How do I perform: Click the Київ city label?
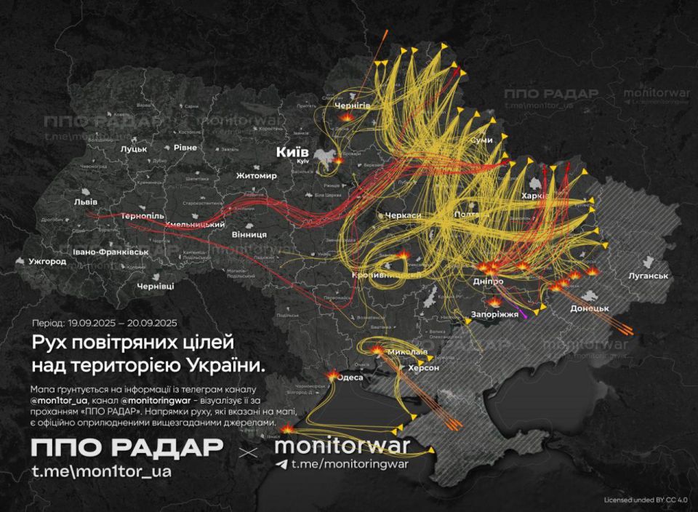tap(292, 152)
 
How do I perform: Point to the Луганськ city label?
tap(648, 276)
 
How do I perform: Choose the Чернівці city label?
tap(155, 286)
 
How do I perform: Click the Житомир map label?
tap(257, 176)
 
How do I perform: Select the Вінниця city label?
tap(248, 235)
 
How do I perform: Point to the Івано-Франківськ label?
tap(111, 252)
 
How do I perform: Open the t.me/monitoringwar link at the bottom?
tap(350, 464)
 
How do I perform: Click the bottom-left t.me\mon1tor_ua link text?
tap(102, 471)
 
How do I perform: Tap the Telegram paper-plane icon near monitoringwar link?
tap(282, 464)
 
